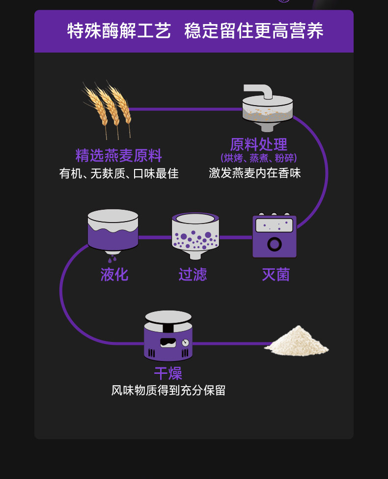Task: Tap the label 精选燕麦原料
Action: pyautogui.click(x=118, y=155)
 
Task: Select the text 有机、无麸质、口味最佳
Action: pyautogui.click(x=118, y=173)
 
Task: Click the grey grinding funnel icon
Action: pyautogui.click(x=267, y=109)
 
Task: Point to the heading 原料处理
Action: pyautogui.click(x=258, y=144)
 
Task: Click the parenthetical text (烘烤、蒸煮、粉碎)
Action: pyautogui.click(x=258, y=158)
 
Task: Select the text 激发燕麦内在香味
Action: pyautogui.click(x=255, y=173)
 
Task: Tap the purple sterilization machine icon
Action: pyautogui.click(x=275, y=236)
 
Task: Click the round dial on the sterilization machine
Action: pyautogui.click(x=275, y=244)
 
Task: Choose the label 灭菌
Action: pyautogui.click(x=276, y=274)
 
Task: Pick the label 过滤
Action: pyautogui.click(x=193, y=274)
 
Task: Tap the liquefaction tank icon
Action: pyautogui.click(x=113, y=230)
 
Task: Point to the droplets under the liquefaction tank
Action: pyautogui.click(x=112, y=258)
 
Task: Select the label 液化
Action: pyautogui.click(x=114, y=274)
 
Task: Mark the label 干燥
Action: pyautogui.click(x=168, y=373)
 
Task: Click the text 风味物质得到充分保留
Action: pyautogui.click(x=168, y=391)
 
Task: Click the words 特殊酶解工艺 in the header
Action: pyautogui.click(x=119, y=31)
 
